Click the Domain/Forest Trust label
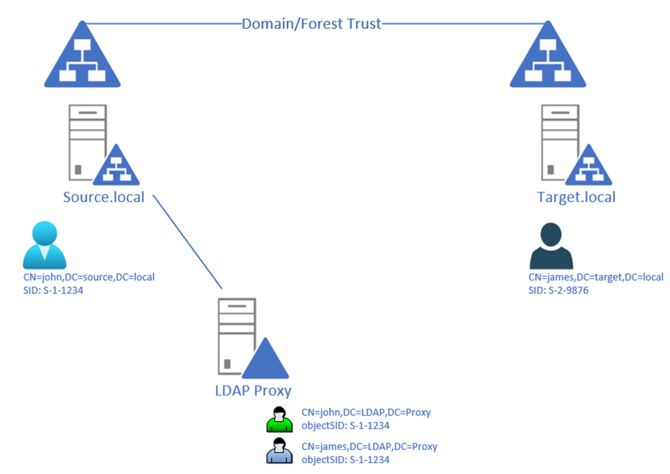point(311,24)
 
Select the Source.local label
point(104,197)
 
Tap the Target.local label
point(576,197)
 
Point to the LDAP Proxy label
point(253,390)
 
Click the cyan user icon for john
point(45,245)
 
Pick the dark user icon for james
point(551,245)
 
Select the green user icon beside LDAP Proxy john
point(280,419)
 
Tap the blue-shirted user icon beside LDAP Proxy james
point(280,451)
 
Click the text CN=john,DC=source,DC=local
point(89,277)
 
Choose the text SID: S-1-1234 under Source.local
point(53,291)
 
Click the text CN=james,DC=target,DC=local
point(596,277)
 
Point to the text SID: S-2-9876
point(558,291)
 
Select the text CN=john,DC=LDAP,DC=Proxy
point(366,412)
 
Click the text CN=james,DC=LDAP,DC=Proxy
point(369,447)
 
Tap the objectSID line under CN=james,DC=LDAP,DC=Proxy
point(345,460)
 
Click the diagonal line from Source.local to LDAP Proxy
point(188,242)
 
